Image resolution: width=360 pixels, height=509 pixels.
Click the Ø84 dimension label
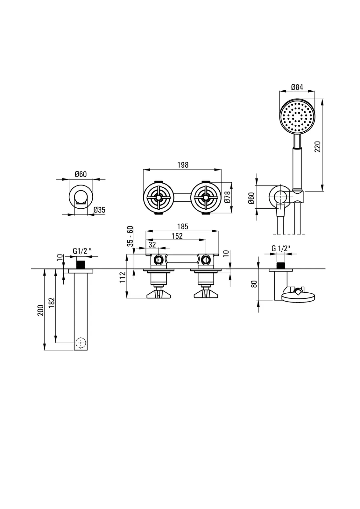click(297, 87)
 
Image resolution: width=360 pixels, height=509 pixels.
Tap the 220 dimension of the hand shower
click(318, 146)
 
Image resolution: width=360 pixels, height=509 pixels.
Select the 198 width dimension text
click(183, 165)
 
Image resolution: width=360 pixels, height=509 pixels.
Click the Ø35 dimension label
click(99, 210)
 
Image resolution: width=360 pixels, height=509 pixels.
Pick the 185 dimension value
click(183, 227)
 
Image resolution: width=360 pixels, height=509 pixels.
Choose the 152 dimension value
click(177, 236)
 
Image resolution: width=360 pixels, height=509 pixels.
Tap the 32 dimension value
click(152, 244)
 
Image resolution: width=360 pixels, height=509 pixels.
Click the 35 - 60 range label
click(130, 236)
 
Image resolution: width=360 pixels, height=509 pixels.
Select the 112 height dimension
click(123, 277)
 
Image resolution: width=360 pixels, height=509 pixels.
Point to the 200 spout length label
click(40, 310)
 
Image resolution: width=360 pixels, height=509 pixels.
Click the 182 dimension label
click(52, 303)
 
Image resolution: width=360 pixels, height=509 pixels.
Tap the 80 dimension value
click(254, 284)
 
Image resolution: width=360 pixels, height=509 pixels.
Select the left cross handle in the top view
click(158, 198)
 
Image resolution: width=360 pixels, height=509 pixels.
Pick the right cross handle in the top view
click(206, 198)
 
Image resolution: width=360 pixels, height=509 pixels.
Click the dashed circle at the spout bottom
click(81, 343)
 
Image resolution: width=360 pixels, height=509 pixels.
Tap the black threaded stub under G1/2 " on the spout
click(81, 265)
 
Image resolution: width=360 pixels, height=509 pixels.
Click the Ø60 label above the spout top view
click(81, 174)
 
